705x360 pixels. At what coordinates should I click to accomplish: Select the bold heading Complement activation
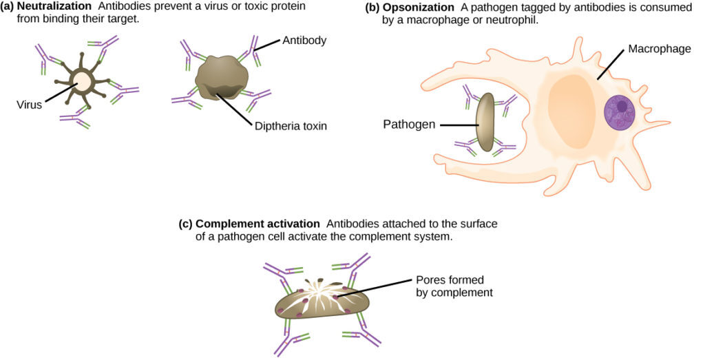(x=258, y=224)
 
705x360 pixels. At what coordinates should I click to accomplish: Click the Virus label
(x=30, y=105)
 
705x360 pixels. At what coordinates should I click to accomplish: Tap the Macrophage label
(x=657, y=50)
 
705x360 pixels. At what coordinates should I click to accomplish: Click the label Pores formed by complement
(x=454, y=286)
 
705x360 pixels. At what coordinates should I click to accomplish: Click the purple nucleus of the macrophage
(x=622, y=112)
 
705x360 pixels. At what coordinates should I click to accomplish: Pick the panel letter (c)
(x=185, y=224)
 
